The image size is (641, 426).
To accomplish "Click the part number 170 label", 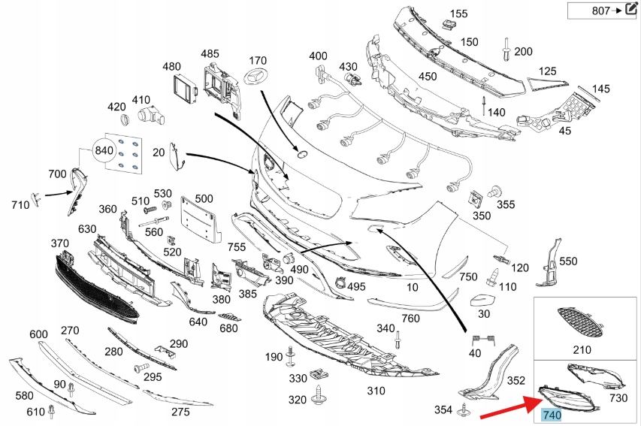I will pos(258,60).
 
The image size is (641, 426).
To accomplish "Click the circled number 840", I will pos(104,151).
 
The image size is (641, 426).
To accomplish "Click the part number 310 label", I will pos(376,391).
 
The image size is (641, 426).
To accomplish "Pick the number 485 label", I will pos(210,53).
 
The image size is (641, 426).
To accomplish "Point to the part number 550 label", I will pos(569,261).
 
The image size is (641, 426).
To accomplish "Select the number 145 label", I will pos(601,89).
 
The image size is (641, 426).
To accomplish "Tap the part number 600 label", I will pos(39,334).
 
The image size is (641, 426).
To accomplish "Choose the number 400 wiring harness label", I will pos(318,56).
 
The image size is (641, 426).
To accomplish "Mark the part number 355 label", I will pos(506,204).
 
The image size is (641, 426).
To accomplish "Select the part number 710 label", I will pos(20,204).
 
